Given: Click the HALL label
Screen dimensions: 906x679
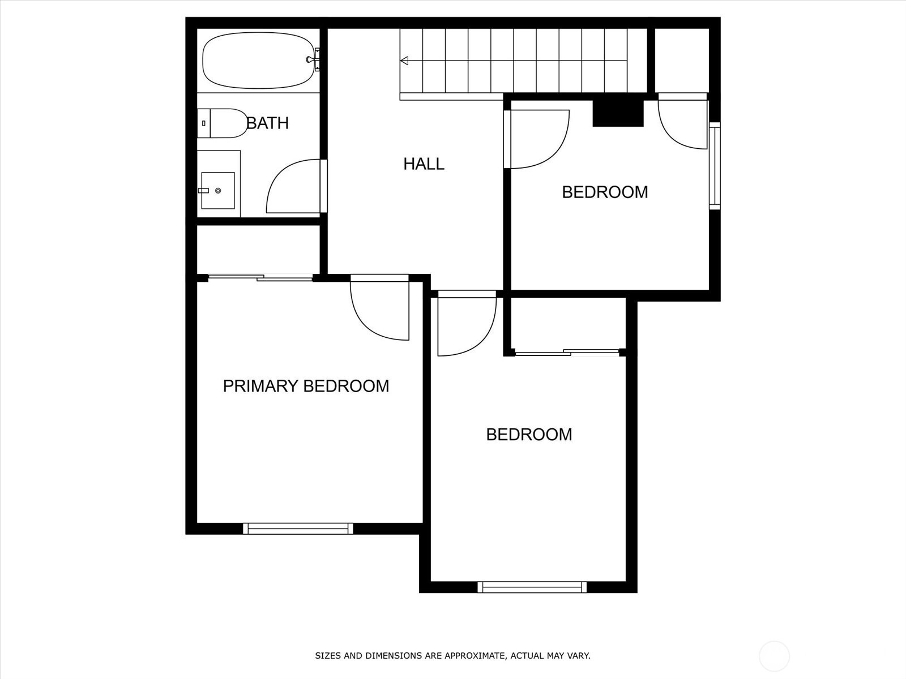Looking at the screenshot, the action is tap(424, 164).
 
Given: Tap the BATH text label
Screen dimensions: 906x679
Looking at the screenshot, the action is tap(267, 123).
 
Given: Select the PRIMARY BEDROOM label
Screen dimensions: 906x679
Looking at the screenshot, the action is tap(306, 386).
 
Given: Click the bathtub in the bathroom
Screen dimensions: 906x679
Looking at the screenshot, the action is tap(258, 61).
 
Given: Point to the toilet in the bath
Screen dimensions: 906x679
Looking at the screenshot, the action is tap(221, 123).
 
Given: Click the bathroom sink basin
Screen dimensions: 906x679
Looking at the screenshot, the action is tap(217, 191).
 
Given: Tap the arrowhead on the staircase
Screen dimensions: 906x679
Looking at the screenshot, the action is tap(404, 61).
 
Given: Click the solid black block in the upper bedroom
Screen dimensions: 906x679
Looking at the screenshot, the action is tap(618, 113).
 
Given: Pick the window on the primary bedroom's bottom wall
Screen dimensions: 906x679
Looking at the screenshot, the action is tap(298, 528).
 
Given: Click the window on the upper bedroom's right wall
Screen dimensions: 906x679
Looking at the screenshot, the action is tap(715, 166).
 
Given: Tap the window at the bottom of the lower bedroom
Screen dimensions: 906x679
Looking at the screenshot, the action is tap(532, 587).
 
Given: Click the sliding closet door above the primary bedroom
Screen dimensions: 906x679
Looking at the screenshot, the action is tap(260, 277).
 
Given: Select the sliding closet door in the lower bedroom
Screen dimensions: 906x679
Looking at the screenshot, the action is tap(567, 353).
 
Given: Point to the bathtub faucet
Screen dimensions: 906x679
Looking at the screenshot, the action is tap(314, 60).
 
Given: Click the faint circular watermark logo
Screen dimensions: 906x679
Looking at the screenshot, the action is tap(774, 656).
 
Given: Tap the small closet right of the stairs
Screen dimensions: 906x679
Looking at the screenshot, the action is tap(682, 61).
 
